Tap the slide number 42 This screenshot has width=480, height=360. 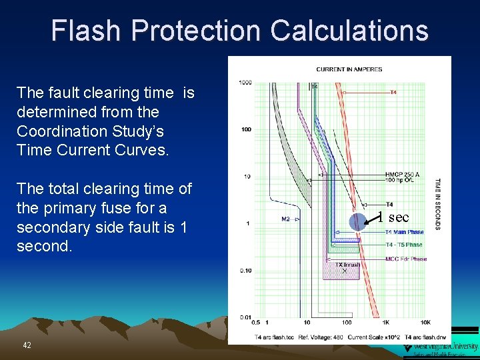[27, 345]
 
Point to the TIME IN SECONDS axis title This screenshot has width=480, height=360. [437, 203]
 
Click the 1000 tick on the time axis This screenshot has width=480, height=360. [245, 83]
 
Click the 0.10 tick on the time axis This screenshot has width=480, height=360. [245, 270]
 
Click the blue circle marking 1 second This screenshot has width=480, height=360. [359, 221]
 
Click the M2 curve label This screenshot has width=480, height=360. [285, 219]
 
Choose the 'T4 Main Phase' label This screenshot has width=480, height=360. [404, 232]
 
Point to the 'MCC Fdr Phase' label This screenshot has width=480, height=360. [405, 259]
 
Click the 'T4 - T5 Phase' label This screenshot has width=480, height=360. [404, 245]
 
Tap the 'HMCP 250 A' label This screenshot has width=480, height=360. [403, 175]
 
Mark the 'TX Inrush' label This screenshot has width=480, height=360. [347, 265]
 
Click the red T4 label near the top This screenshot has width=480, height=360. [393, 93]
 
